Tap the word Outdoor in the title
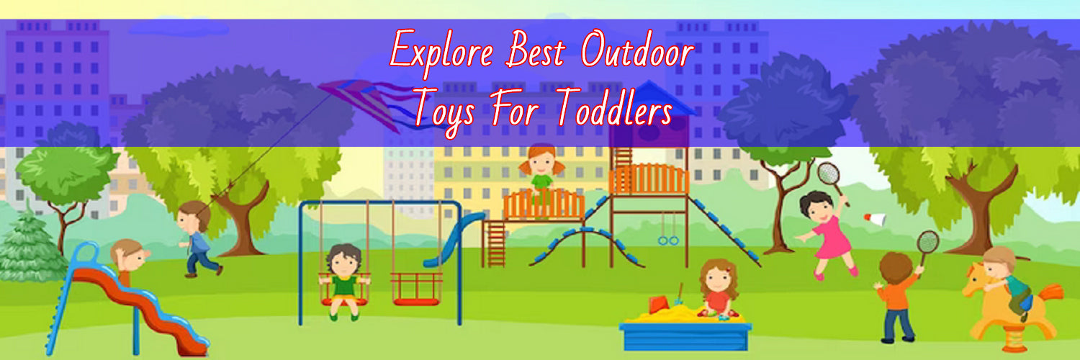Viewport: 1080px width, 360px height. pyautogui.click(x=637, y=49)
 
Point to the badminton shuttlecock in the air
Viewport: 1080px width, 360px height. pyautogui.click(x=875, y=220)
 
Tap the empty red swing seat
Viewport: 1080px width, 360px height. pyautogui.click(x=416, y=289)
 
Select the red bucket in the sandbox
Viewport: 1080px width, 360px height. pyautogui.click(x=657, y=305)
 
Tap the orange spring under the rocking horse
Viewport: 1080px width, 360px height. pyautogui.click(x=1014, y=338)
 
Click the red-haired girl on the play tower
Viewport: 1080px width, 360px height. pyautogui.click(x=541, y=179)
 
